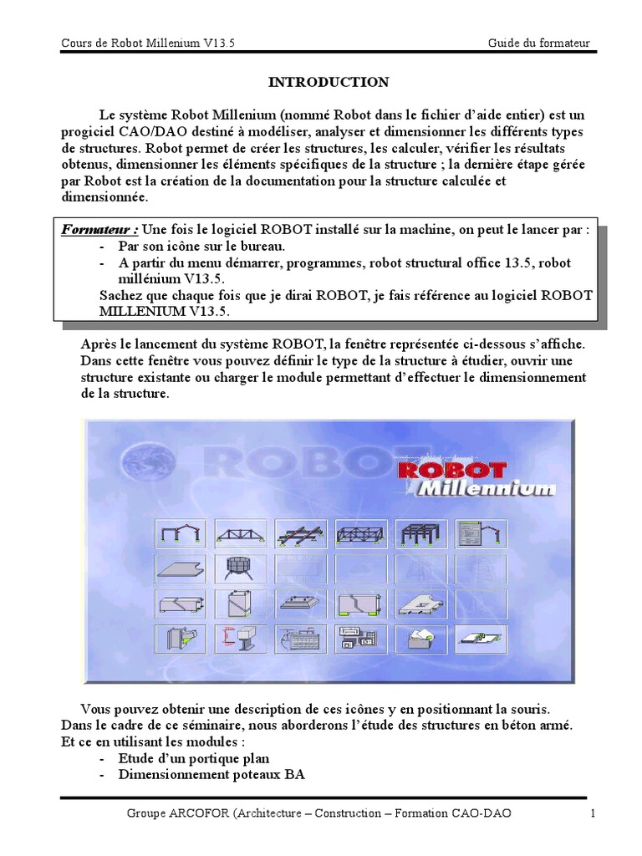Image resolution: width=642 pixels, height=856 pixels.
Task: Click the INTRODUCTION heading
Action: coord(328,82)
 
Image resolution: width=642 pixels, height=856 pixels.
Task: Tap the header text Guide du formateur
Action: coord(543,43)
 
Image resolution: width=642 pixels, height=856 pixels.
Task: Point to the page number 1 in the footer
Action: coord(593,813)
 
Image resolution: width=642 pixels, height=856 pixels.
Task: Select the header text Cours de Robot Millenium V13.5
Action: coord(148,43)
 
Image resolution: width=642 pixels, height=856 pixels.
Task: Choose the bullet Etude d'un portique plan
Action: coord(194,758)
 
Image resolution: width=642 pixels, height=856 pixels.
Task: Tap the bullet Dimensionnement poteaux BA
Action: coord(211,774)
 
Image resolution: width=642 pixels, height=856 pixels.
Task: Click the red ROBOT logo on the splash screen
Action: coord(452,470)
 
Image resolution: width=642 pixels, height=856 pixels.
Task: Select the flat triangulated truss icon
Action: coord(240,533)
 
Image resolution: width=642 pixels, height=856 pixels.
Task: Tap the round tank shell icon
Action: coord(240,568)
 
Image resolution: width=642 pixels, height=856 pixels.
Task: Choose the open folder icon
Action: coord(420,639)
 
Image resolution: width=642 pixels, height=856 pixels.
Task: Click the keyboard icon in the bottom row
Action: coord(300,639)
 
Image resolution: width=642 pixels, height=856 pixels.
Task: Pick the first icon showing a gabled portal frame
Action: coord(180,533)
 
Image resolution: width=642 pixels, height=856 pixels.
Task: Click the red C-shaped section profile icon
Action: coord(240,639)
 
